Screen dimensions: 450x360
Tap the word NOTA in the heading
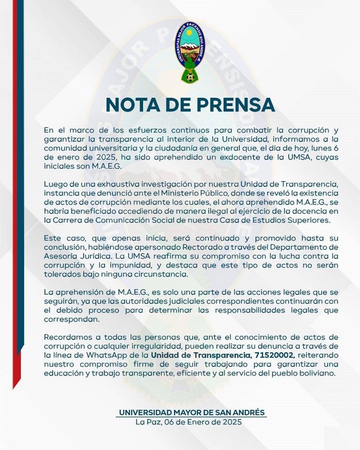[x=133, y=105]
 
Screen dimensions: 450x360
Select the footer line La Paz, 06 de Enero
[x=189, y=422]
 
